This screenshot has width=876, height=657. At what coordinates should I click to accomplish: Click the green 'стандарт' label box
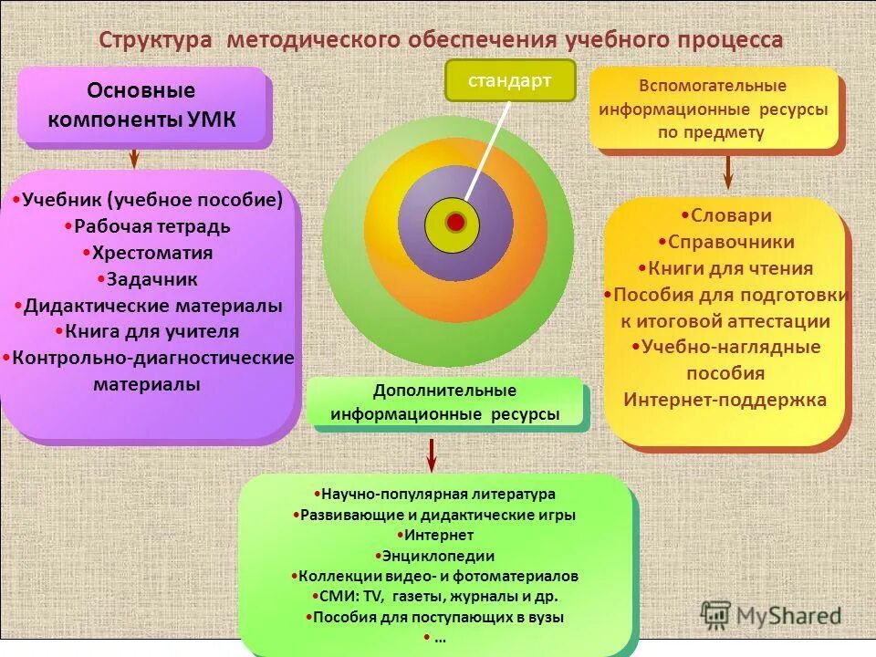510,80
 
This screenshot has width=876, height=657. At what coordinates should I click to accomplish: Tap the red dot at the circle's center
456,222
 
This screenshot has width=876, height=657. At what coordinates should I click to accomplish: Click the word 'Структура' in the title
155,41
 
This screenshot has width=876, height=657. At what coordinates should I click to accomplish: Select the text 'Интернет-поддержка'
725,400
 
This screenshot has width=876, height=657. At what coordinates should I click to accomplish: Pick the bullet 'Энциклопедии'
436,556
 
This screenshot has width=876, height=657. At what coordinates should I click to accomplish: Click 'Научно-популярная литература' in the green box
435,495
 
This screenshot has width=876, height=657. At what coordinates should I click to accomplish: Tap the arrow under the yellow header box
728,171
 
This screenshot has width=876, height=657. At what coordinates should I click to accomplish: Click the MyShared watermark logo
770,616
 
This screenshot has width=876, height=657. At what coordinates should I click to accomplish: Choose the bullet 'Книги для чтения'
727,269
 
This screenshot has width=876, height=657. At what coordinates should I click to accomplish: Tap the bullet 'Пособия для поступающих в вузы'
435,617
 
